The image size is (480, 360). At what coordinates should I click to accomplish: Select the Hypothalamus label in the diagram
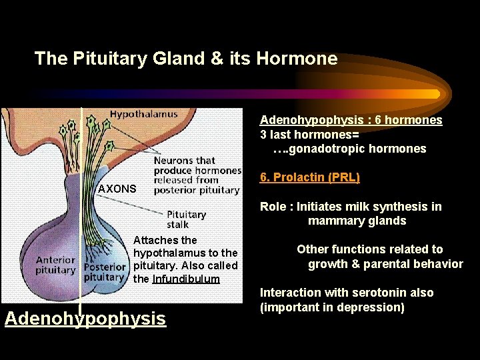pyautogui.click(x=144, y=114)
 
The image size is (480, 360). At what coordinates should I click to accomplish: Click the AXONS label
pyautogui.click(x=117, y=189)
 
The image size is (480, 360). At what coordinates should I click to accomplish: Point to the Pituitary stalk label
pyautogui.click(x=186, y=219)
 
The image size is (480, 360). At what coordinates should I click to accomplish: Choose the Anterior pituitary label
pyautogui.click(x=55, y=265)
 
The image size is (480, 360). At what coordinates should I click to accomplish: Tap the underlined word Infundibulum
pyautogui.click(x=186, y=279)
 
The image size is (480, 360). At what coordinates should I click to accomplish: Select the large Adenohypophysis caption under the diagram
pyautogui.click(x=85, y=319)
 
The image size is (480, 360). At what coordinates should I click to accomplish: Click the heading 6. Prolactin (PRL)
pyautogui.click(x=309, y=177)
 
